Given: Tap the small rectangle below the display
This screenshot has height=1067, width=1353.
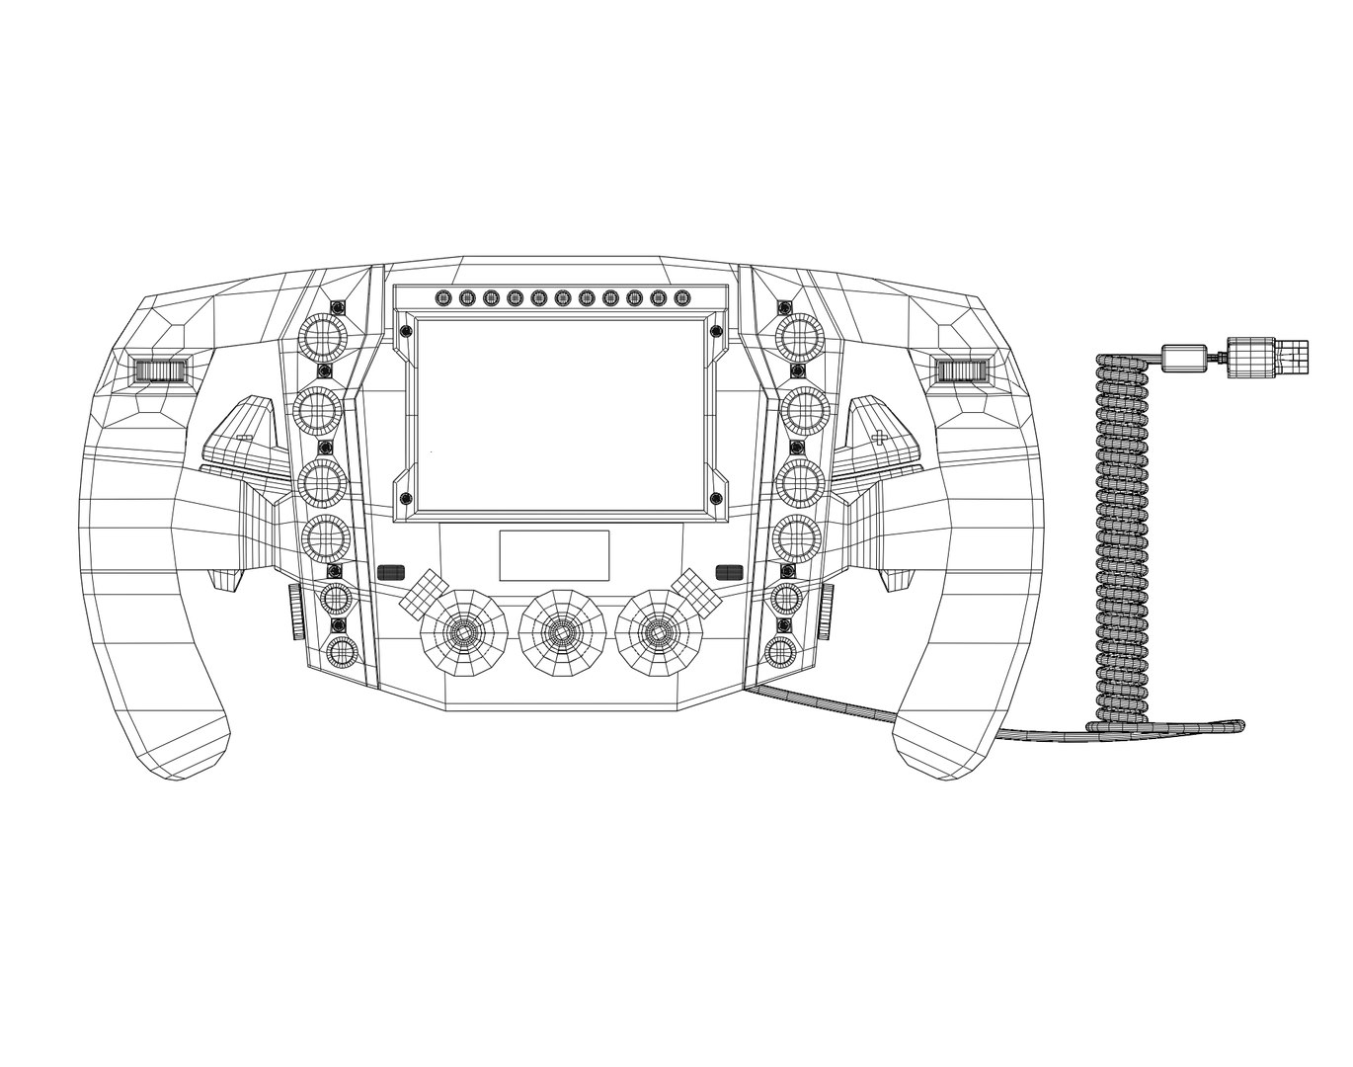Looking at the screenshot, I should pos(554,555).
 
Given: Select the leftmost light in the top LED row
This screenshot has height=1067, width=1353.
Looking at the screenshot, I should pos(442,296).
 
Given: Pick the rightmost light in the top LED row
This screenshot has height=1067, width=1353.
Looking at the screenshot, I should pos(681,296).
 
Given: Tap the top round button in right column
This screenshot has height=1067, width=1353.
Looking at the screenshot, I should pos(799,338).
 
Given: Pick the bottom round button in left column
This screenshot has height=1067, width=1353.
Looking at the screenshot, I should pos(342,652).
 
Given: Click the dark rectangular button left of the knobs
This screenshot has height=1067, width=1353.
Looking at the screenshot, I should pos(392,571).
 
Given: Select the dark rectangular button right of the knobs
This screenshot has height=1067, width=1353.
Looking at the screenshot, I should pos(729,571).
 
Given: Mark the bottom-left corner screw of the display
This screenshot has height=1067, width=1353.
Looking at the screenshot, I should pos(404,497).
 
